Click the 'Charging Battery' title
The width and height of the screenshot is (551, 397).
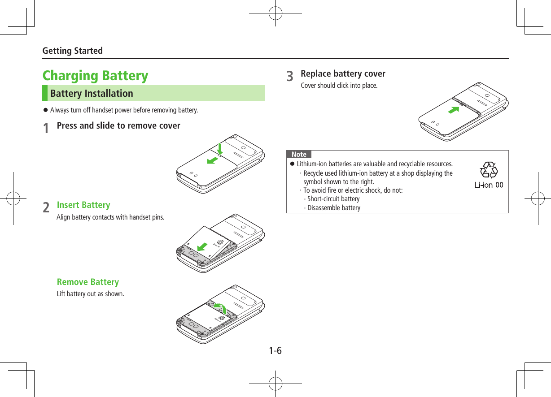click(x=95, y=75)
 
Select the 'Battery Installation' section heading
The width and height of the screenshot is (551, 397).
click(x=92, y=93)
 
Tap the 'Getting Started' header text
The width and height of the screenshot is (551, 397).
click(x=72, y=51)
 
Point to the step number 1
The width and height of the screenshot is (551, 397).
click(x=46, y=128)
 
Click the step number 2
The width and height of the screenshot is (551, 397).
click(x=46, y=207)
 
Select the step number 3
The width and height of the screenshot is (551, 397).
click(x=291, y=76)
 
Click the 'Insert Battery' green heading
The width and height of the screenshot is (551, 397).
click(x=83, y=205)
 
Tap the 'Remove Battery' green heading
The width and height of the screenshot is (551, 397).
click(x=87, y=282)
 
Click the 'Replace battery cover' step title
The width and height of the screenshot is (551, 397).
click(x=343, y=73)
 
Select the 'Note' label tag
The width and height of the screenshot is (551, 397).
click(x=299, y=154)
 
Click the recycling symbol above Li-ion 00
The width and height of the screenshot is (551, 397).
click(x=489, y=170)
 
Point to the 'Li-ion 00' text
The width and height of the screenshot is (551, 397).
click(x=489, y=185)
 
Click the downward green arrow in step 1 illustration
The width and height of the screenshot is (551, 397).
click(x=220, y=149)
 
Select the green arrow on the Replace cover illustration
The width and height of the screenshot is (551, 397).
click(x=454, y=110)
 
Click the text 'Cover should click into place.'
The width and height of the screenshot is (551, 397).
click(x=339, y=85)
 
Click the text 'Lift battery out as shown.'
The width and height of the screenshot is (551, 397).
click(x=90, y=294)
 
